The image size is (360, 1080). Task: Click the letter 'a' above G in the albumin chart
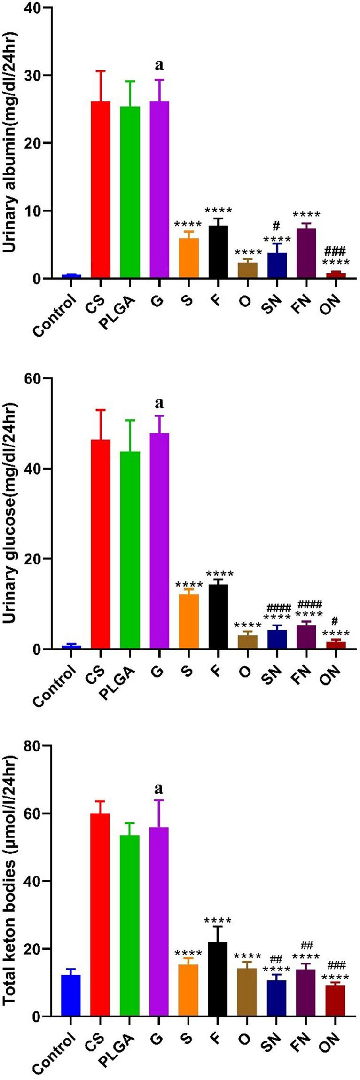pos(159,65)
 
